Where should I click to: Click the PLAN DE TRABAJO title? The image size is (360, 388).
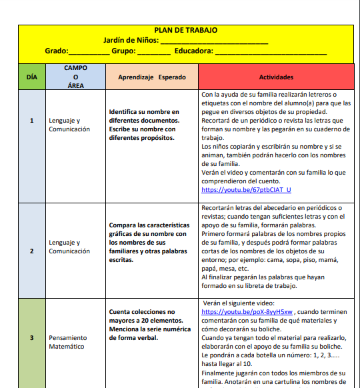coord(185,30)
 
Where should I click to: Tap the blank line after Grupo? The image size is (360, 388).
coord(154,51)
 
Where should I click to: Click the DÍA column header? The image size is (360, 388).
coord(31,77)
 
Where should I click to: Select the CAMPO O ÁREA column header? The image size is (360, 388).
coord(75,77)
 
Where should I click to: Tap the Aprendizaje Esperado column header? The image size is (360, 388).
coord(152,77)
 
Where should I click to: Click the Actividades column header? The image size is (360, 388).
coord(275,77)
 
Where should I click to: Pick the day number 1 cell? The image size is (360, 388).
coord(32,121)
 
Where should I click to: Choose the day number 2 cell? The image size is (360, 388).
coord(32,251)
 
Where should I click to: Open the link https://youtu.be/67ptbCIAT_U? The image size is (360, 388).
coord(246,190)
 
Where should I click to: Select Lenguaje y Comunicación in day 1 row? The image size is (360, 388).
coord(69,125)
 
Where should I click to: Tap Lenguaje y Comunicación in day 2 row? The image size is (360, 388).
coord(69,247)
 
